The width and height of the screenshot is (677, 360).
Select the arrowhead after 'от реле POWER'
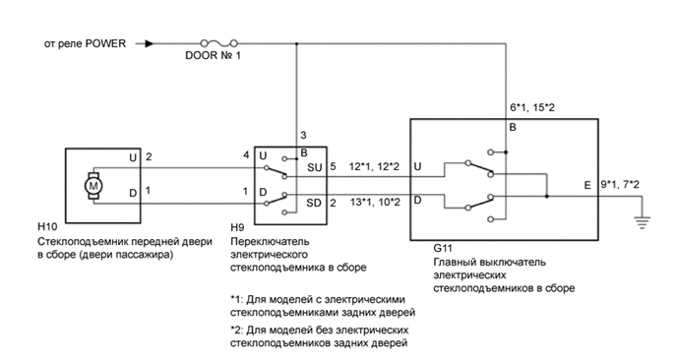[149, 43]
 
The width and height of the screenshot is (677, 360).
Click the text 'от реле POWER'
[87, 44]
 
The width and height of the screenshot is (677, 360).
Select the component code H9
[238, 226]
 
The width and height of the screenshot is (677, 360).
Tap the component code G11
[442, 250]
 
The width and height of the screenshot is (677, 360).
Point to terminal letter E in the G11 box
[587, 185]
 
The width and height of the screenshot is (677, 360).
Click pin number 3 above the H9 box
[302, 134]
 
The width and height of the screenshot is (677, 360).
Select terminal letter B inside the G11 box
[513, 127]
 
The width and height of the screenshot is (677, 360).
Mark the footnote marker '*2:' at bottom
[236, 330]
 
